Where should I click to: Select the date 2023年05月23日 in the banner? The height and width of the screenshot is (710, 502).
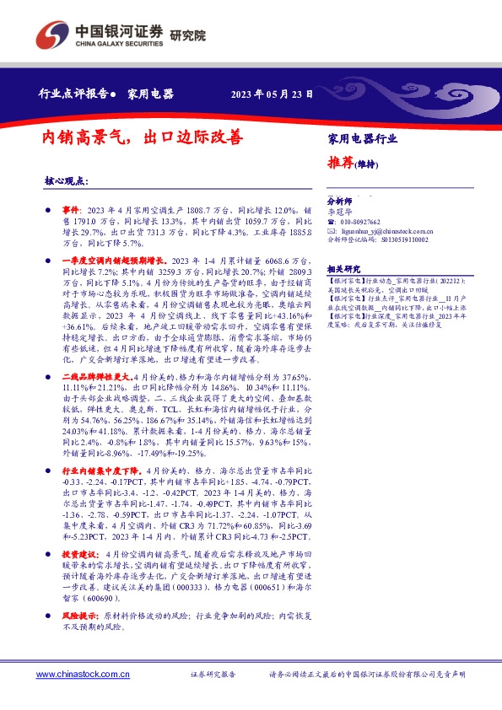272,94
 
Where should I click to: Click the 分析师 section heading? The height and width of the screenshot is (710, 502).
340,202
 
